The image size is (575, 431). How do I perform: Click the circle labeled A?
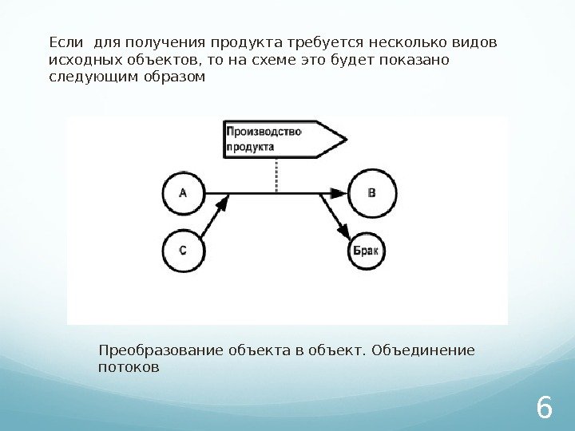pyautogui.click(x=184, y=192)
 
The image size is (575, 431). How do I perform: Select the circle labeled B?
pyautogui.click(x=371, y=192)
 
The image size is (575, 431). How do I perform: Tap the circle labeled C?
pyautogui.click(x=184, y=249)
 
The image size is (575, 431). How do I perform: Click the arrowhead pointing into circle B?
pyautogui.click(x=339, y=193)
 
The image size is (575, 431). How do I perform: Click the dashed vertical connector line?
pyautogui.click(x=276, y=176)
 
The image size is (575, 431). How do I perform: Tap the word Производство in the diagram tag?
pyautogui.click(x=264, y=132)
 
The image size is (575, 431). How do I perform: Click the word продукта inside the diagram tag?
pyautogui.click(x=250, y=147)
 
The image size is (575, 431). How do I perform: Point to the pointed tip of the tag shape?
pyautogui.click(x=346, y=139)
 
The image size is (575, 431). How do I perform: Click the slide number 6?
pyautogui.click(x=544, y=408)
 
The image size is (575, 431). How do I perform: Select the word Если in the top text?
pyautogui.click(x=60, y=42)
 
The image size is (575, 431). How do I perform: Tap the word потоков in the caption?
pyautogui.click(x=128, y=368)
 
